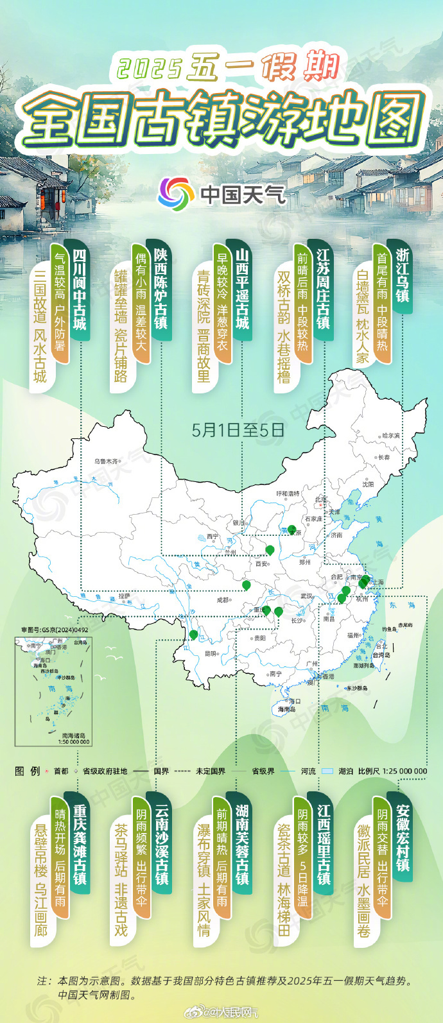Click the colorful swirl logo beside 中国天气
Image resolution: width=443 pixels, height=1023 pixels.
176,193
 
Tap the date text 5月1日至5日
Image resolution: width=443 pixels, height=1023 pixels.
238,430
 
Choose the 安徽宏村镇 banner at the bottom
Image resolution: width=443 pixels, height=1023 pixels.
403,838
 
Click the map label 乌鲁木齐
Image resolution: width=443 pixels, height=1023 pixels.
106,461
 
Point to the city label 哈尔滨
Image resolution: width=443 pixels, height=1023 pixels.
390,436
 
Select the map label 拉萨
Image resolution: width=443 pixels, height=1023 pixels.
124,596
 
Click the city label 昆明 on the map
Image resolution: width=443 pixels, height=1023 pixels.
210,654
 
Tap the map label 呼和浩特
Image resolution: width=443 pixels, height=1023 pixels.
288,494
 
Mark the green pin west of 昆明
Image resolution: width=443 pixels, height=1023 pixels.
193,635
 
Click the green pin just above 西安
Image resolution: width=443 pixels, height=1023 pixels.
270,550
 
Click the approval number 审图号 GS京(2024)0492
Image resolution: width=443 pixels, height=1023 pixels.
55,630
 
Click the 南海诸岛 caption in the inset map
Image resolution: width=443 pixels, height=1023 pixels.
74,735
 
